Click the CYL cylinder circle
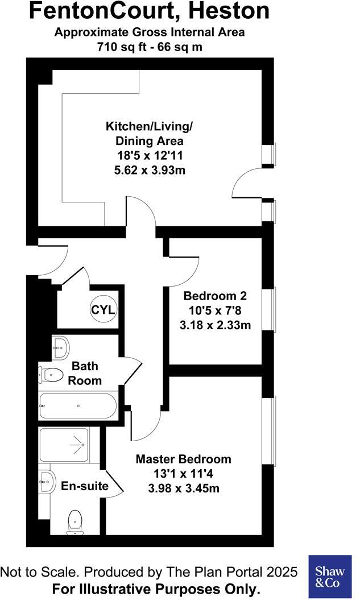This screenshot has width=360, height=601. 104,310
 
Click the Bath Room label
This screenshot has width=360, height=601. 85,374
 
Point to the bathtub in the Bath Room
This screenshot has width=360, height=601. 78,405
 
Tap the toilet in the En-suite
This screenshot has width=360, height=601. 75,522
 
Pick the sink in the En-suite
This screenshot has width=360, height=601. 47,480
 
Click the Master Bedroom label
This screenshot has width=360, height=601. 183,459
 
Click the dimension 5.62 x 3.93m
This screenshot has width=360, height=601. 150,169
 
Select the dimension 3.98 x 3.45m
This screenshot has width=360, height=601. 183,488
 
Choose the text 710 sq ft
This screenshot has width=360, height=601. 122,47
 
